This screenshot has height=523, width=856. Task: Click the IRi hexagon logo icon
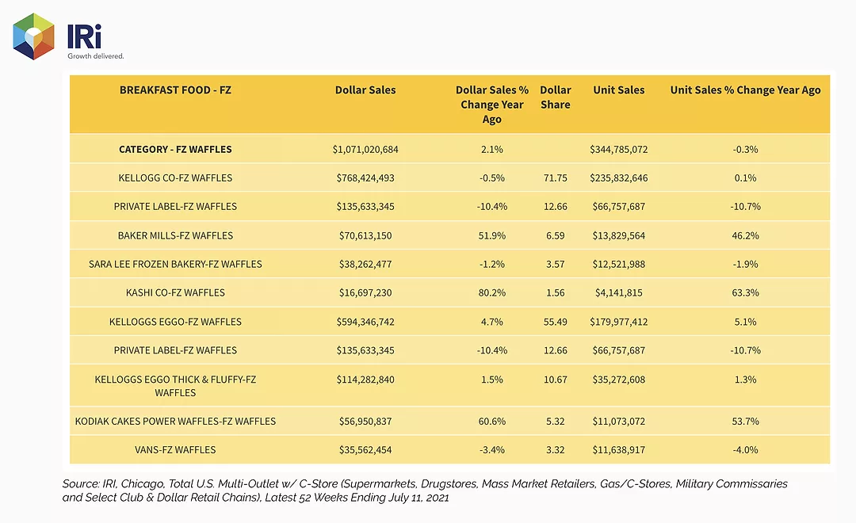point(34,36)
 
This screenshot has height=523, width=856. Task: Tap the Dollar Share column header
point(555,97)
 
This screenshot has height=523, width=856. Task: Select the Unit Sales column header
point(618,90)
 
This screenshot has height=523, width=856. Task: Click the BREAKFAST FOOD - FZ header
point(175,90)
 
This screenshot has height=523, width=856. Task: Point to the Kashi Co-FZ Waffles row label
point(175,292)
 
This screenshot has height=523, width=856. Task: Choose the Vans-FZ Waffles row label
point(175,450)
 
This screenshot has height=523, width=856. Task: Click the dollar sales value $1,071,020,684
point(365,149)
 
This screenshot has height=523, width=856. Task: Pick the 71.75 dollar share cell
point(555,178)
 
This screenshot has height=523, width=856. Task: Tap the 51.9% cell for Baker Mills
point(492,236)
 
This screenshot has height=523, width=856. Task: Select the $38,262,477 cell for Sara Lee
point(365,264)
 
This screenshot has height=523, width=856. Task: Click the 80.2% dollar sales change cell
point(492,292)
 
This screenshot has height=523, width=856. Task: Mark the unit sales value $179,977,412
point(618,322)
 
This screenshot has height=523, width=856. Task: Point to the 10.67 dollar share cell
point(555,380)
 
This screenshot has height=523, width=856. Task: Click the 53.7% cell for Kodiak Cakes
point(745,422)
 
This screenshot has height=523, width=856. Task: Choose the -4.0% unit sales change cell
point(745,450)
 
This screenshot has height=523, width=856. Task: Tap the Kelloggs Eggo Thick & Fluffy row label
point(175,386)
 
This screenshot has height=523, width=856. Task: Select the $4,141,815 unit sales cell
point(618,292)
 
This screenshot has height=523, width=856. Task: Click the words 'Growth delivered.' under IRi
point(96,55)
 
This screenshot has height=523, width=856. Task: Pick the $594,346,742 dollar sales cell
point(365,322)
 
